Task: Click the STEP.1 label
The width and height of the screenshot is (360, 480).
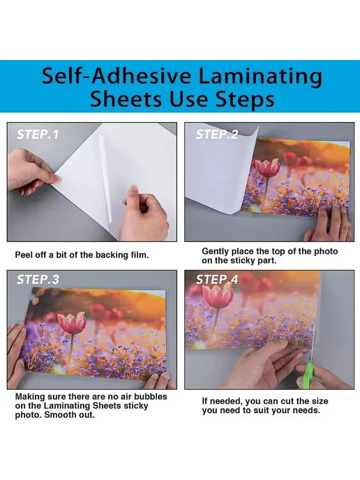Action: point(38,135)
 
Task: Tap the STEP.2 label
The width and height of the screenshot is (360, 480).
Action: point(217,135)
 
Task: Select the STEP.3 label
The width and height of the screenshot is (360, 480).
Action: point(38,279)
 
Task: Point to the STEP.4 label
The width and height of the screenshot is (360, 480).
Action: point(217,279)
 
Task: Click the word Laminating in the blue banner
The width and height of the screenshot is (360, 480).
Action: point(260,77)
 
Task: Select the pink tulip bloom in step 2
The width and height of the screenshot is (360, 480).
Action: point(268,167)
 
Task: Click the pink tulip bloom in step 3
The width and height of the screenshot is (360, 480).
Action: point(73,322)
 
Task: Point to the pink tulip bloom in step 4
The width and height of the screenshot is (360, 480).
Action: point(218,295)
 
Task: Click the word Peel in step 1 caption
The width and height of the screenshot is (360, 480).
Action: point(22,255)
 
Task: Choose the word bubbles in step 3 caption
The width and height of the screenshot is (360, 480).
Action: point(151,397)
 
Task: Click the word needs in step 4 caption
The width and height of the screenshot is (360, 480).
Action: point(306,410)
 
